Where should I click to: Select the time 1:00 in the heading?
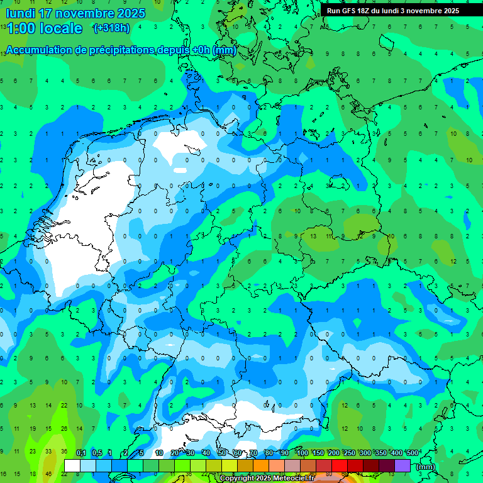[x=22, y=28]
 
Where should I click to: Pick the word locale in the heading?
[x=60, y=28]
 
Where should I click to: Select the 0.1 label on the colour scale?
[x=80, y=453]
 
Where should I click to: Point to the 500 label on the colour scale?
[x=412, y=453]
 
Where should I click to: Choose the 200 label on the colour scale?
[x=333, y=453]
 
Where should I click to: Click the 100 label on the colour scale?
[x=302, y=453]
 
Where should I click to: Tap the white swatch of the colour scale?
[x=72, y=465]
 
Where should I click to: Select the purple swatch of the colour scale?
[x=402, y=465]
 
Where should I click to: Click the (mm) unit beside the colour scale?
[x=426, y=467]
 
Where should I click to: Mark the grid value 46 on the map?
[x=49, y=474]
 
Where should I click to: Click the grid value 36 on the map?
[x=64, y=452]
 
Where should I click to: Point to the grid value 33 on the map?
[x=49, y=452]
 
